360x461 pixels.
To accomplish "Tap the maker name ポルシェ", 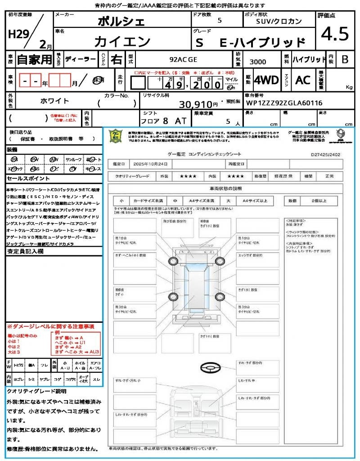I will tap(121, 21).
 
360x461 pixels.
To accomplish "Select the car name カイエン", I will tap(122, 41).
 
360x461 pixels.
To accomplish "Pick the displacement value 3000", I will tap(257, 62).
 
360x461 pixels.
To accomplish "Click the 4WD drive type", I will tap(266, 80).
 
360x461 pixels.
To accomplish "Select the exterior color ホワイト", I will tap(55, 101).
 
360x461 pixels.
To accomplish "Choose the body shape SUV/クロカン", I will tap(279, 21).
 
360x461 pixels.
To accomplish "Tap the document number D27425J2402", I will tap(326, 154).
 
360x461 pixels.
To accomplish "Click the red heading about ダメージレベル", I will tap(50, 326).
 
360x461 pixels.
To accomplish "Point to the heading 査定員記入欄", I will tap(25, 252).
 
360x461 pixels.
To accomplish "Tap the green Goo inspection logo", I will tap(116, 136).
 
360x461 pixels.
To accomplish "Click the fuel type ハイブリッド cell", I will tap(309, 59).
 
